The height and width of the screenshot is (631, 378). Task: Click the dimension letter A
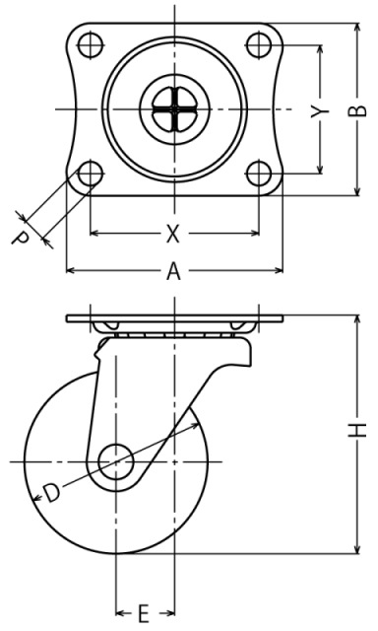pyautogui.click(x=173, y=270)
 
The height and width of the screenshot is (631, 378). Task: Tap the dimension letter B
pyautogui.click(x=357, y=109)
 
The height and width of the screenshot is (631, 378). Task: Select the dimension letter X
pyautogui.click(x=172, y=234)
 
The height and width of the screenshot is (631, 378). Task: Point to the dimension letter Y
pyautogui.click(x=320, y=111)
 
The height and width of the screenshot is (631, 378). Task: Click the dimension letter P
pyautogui.click(x=20, y=238)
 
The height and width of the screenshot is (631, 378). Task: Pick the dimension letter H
pyautogui.click(x=357, y=430)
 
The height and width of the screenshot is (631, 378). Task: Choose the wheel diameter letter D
pyautogui.click(x=52, y=493)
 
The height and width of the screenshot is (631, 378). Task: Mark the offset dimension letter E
pyautogui.click(x=144, y=613)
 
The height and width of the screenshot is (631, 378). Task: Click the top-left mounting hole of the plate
pyautogui.click(x=90, y=45)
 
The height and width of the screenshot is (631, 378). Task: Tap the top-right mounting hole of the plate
pyautogui.click(x=258, y=45)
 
